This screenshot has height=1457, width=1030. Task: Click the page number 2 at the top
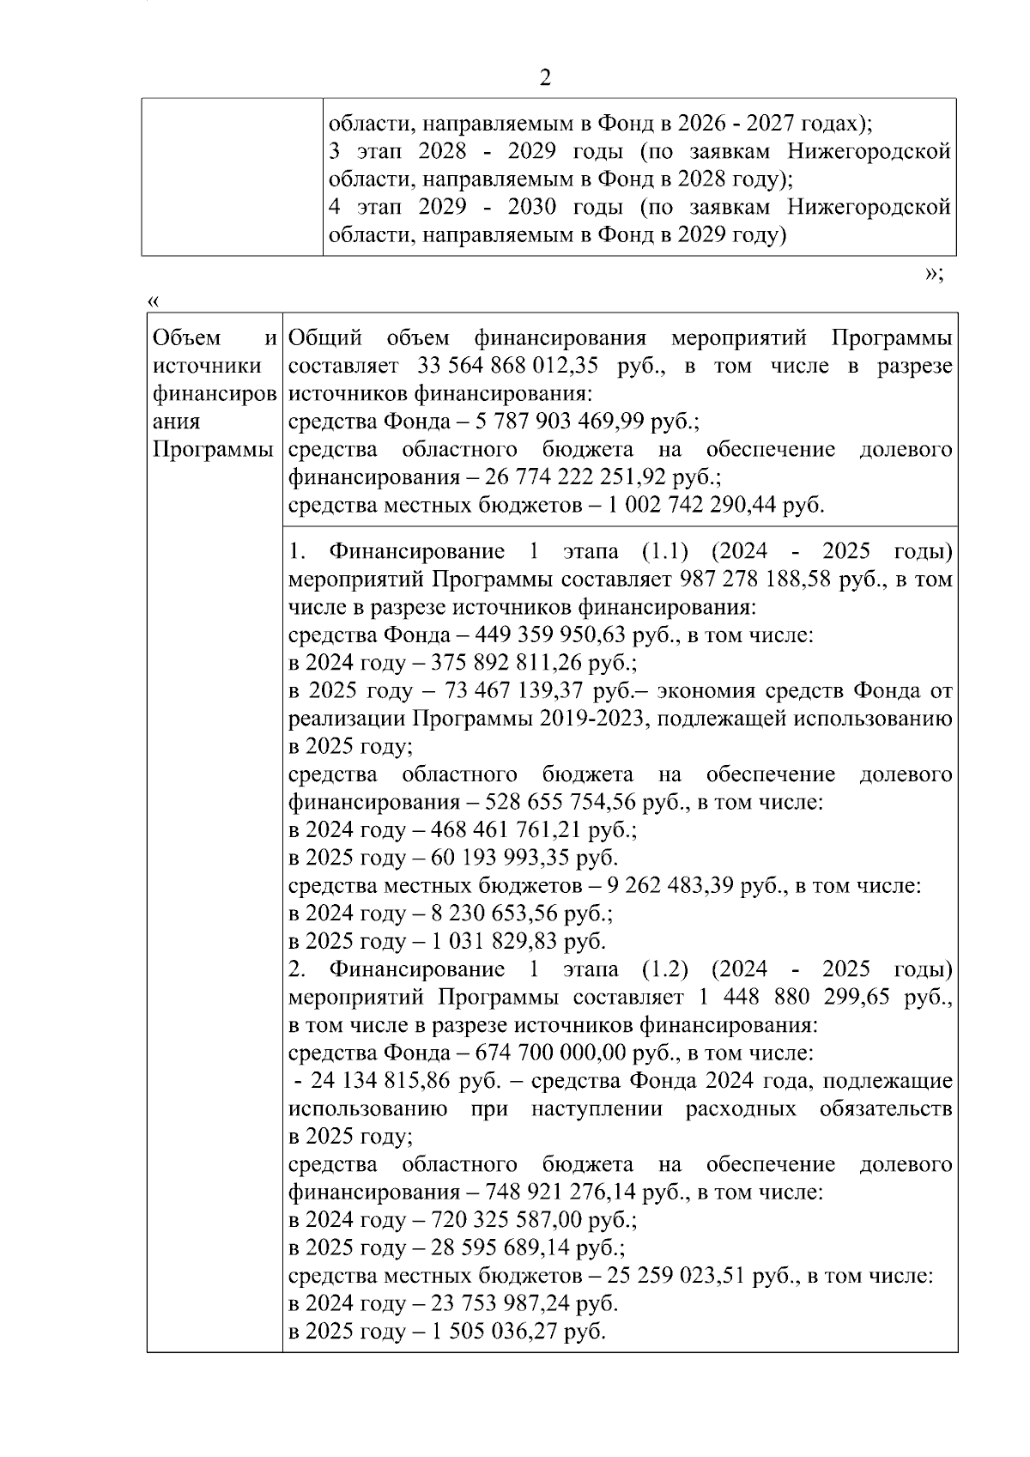(x=544, y=78)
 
